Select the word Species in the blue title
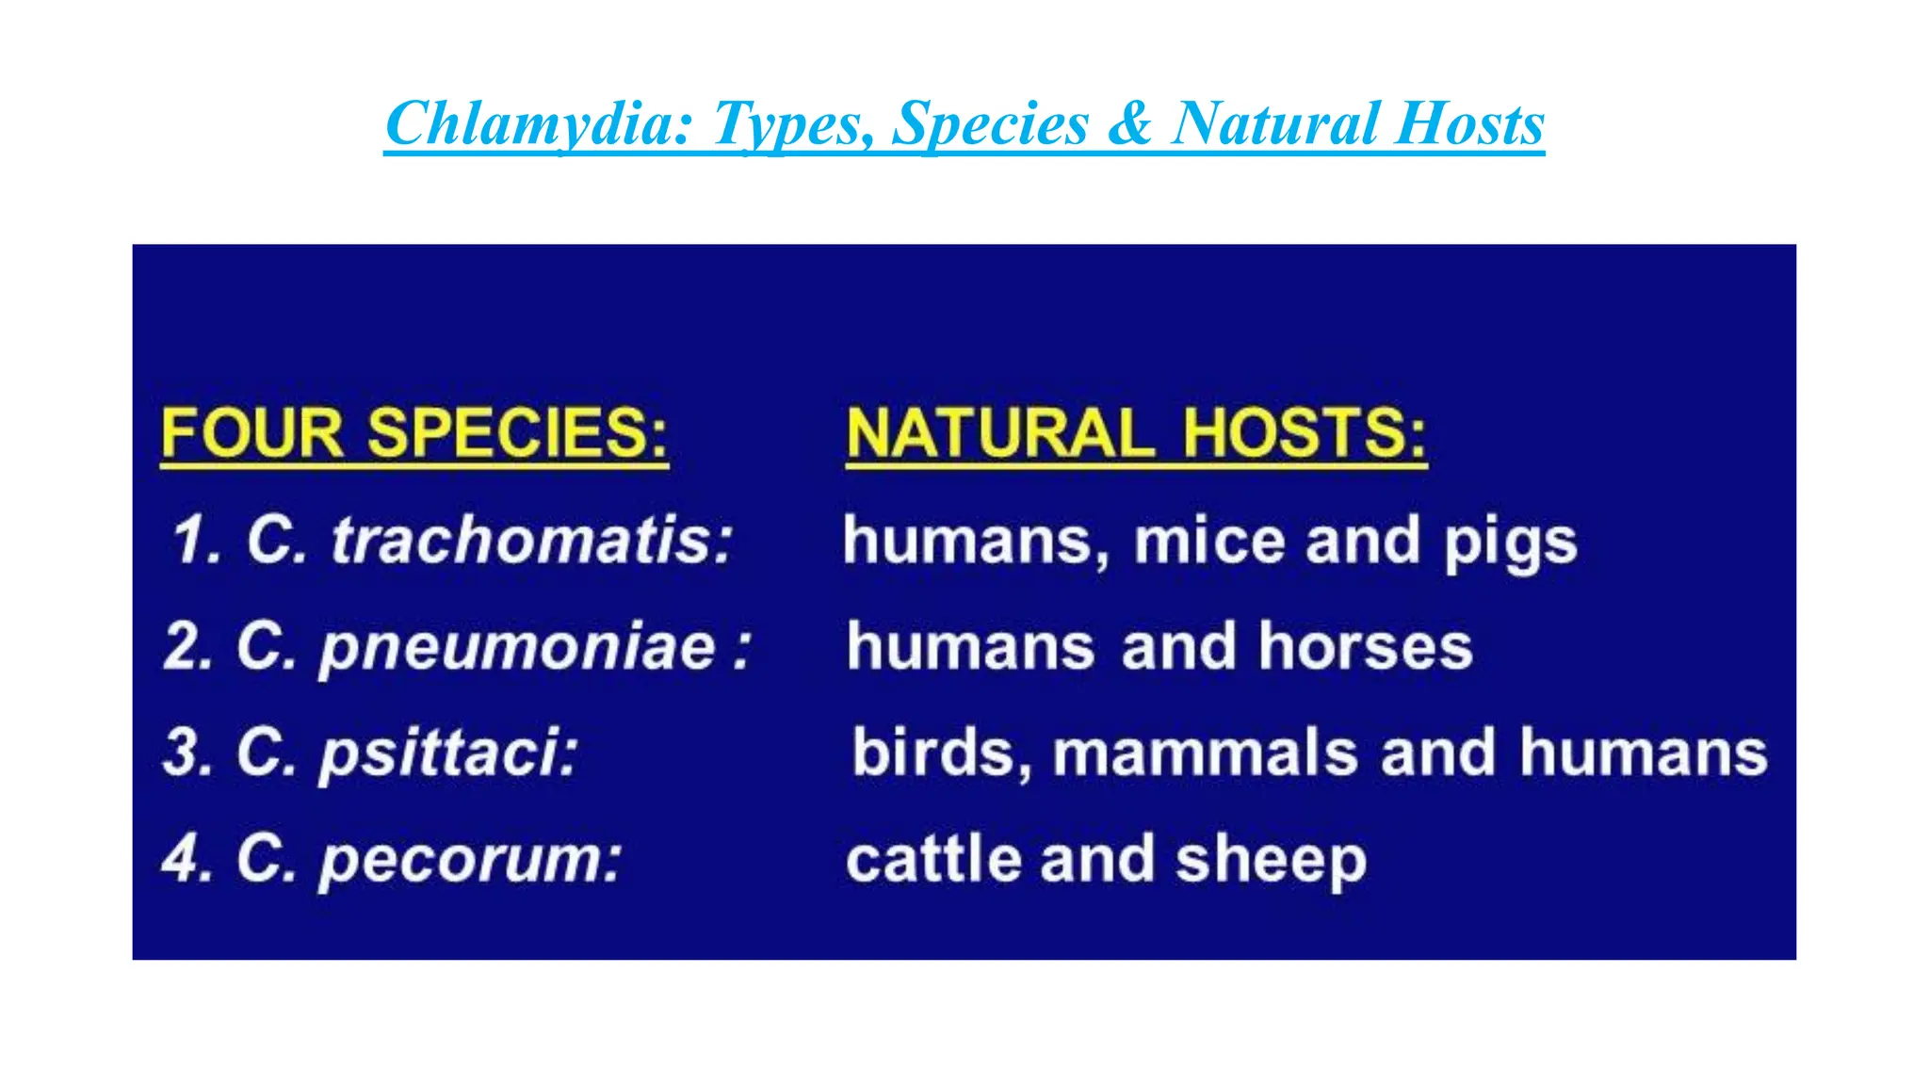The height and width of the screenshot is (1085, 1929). coord(989,124)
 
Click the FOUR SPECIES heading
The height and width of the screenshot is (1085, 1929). coord(414,434)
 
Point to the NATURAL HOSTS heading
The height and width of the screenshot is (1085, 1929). coord(1136,434)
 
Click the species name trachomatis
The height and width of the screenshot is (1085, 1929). coord(532,542)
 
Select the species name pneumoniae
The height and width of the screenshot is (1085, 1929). coord(518,649)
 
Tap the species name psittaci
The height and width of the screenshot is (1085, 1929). coord(449,754)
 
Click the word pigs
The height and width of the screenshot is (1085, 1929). coord(1511,543)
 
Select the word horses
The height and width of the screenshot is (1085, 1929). coord(1366,647)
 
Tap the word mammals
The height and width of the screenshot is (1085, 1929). coord(1206,753)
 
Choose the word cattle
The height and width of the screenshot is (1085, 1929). coord(933,859)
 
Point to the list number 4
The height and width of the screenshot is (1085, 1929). coord(179,859)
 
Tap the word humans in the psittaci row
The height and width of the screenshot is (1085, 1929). coord(1643,753)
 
